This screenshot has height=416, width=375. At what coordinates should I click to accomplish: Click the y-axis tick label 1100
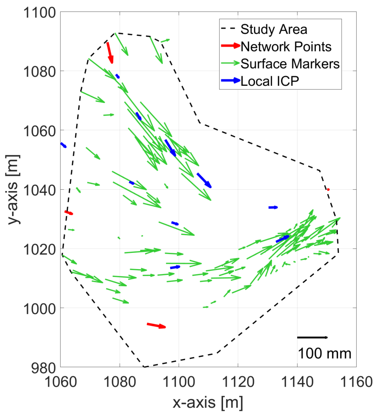tap(39, 13)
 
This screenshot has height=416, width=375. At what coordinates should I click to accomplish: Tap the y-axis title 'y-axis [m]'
tap(14, 190)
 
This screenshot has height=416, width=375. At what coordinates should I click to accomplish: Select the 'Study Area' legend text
tap(274, 29)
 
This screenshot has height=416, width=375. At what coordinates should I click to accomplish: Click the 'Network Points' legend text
tap(286, 47)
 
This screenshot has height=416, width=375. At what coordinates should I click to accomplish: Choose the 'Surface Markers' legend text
tap(290, 64)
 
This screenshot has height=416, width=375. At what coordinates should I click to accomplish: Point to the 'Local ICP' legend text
tap(270, 81)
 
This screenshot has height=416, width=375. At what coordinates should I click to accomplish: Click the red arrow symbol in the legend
tap(230, 46)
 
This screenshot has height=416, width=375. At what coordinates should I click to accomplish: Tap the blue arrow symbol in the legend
tap(230, 80)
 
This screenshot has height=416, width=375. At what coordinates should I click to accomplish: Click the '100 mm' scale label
tap(324, 354)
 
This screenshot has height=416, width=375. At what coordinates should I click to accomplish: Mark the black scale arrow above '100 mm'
tap(312, 338)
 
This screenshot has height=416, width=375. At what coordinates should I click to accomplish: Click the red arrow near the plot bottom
tap(156, 326)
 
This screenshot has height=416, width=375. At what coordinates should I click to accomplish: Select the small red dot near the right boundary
tap(328, 190)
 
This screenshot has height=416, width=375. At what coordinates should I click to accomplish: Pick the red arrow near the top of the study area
tap(110, 53)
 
